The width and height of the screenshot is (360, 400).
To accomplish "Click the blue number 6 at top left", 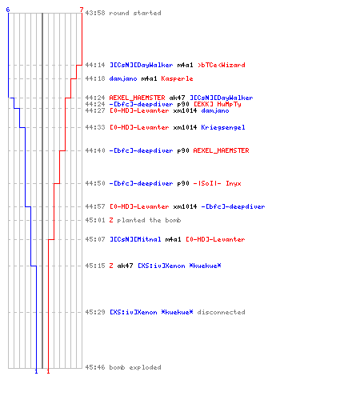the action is (8, 10).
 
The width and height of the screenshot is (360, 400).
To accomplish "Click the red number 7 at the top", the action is (82, 10).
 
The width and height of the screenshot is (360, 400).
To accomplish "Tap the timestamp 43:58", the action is (95, 13).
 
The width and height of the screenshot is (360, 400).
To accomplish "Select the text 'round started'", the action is (135, 13).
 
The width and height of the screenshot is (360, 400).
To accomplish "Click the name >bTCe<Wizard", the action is (222, 65).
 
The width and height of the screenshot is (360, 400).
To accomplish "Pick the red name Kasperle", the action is (177, 78).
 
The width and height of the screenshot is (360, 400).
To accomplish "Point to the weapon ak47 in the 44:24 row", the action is (177, 98).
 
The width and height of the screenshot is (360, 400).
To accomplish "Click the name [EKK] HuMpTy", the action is (217, 104).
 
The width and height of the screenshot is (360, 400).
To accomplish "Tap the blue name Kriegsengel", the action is (223, 127).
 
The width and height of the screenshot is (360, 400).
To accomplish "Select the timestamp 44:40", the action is (95, 150).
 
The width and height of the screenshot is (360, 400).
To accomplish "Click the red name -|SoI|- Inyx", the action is (217, 183).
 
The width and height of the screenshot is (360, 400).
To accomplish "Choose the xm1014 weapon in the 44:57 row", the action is (185, 206).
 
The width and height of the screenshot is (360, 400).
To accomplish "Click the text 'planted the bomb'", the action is (149, 220).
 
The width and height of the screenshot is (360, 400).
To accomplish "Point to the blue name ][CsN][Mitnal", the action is (135, 239).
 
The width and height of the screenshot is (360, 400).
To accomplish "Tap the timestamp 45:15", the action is (95, 266).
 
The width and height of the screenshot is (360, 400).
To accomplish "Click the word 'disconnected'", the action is (221, 312).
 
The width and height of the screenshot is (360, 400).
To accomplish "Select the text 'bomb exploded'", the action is (135, 367).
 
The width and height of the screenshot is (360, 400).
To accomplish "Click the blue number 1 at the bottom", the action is (36, 371).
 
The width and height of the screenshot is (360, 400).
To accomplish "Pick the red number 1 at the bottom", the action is (48, 371).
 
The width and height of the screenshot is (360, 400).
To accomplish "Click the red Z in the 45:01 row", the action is (111, 220).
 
